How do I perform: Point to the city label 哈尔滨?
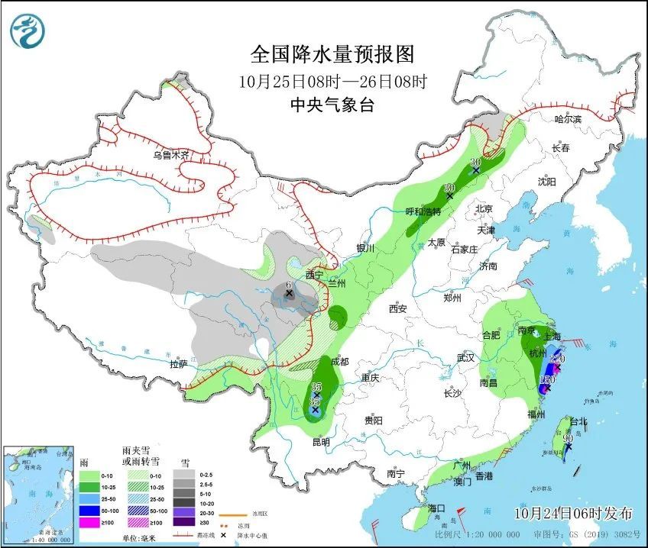click(568, 119)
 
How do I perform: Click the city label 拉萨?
click(178, 365)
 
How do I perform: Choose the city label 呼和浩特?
click(423, 211)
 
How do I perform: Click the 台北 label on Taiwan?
click(577, 421)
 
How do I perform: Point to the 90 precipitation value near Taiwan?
click(568, 438)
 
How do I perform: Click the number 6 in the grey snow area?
click(288, 285)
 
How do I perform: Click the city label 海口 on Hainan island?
click(436, 508)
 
